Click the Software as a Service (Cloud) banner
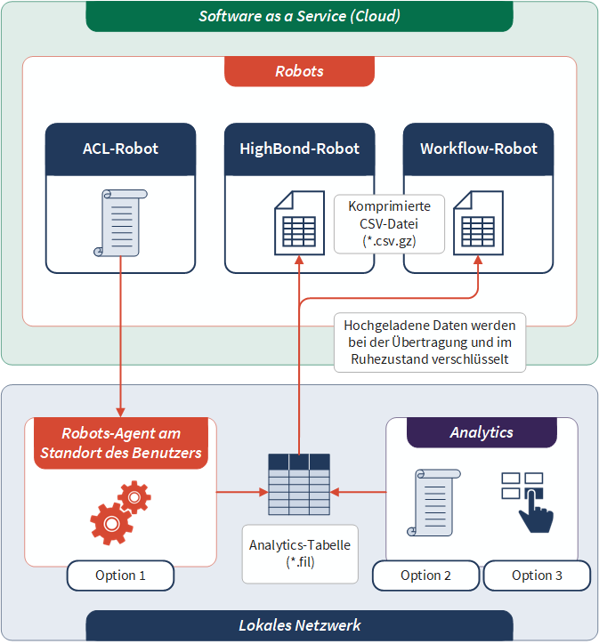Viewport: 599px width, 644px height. (299, 16)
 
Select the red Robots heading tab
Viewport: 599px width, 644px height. (299, 71)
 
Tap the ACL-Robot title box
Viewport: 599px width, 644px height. (120, 149)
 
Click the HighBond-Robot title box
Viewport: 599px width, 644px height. (299, 149)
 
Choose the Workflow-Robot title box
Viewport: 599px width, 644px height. (478, 149)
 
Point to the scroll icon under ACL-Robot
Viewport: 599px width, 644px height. (118, 222)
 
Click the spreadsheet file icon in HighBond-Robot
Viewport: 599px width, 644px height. (298, 222)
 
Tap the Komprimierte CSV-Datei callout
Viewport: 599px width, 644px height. (389, 223)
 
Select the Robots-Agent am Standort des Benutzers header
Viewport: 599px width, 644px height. (120, 443)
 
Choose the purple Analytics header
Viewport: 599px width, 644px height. (482, 432)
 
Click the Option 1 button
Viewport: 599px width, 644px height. (120, 576)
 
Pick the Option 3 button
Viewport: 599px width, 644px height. (537, 576)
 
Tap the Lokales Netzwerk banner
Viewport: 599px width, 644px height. (299, 625)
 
